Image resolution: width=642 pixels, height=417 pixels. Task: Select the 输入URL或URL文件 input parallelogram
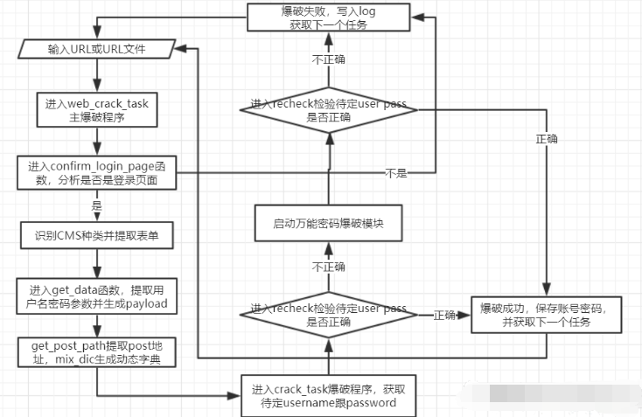(96, 50)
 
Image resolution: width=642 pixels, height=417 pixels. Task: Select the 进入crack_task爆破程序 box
(328, 396)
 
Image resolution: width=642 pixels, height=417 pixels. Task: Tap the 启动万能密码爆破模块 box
(328, 225)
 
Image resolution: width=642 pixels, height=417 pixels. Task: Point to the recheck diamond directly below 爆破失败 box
(328, 110)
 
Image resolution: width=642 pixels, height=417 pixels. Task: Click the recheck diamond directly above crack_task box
(328, 315)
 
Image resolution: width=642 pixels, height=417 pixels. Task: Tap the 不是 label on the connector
(396, 173)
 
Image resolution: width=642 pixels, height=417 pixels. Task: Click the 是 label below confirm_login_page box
(96, 206)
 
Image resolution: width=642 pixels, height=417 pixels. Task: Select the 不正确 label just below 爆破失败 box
(328, 60)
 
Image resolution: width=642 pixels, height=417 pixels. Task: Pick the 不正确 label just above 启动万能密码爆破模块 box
(328, 267)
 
